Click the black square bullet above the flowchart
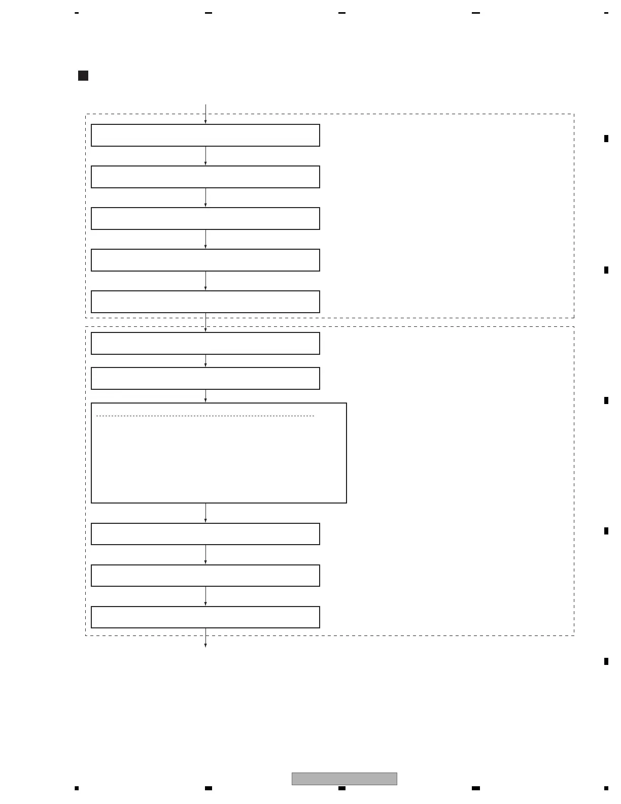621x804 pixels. (83, 76)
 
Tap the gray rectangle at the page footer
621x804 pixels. (344, 779)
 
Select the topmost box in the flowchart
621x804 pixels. (205, 136)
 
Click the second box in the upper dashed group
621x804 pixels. (205, 177)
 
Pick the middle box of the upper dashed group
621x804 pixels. (205, 219)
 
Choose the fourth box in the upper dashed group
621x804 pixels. (205, 260)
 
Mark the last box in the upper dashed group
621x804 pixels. (205, 302)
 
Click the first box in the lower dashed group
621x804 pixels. (205, 344)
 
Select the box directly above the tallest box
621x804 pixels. (205, 379)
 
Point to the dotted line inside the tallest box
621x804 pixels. (205, 416)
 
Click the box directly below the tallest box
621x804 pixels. (205, 534)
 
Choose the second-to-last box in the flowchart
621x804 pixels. (205, 576)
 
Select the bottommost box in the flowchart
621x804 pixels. (205, 617)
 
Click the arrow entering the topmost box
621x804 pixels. (205, 115)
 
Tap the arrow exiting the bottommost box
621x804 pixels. (205, 638)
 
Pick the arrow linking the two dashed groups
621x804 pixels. (205, 323)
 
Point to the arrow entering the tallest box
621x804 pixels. (205, 396)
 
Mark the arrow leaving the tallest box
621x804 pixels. (205, 513)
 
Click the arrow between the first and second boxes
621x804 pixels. (205, 156)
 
